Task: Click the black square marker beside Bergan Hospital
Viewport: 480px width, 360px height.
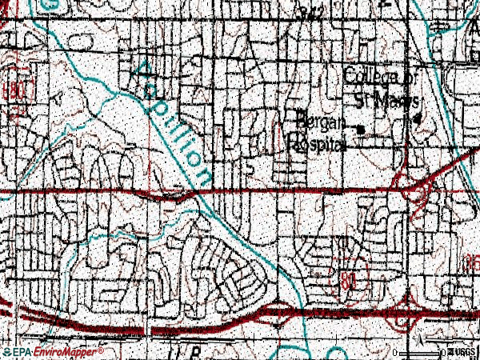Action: pyautogui.click(x=359, y=130)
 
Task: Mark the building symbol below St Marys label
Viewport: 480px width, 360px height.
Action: pyautogui.click(x=417, y=118)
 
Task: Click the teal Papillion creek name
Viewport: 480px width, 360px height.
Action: pyautogui.click(x=171, y=119)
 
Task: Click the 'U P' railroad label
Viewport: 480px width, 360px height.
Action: pyautogui.click(x=182, y=350)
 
